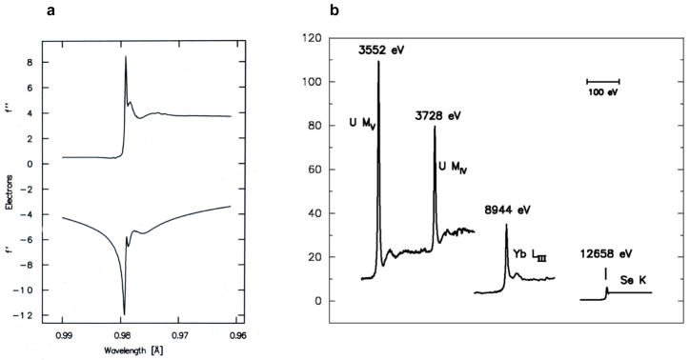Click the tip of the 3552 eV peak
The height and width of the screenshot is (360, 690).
(x=378, y=62)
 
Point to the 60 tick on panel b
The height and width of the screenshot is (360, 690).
(x=310, y=170)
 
